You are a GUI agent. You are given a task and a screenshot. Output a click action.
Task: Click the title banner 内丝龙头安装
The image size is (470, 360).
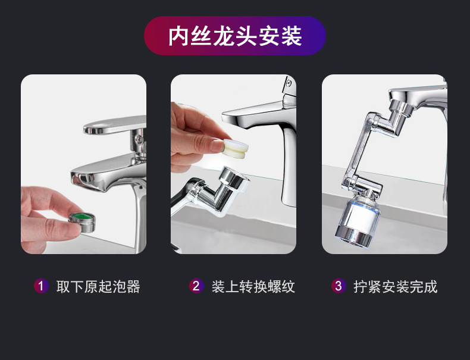pos(235,36)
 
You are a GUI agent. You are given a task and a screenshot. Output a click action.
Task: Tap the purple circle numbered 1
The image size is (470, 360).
pos(40,286)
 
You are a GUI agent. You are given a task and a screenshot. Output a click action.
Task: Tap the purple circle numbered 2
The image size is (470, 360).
pos(196,286)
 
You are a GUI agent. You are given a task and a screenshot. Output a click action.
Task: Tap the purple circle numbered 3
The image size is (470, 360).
pos(339,286)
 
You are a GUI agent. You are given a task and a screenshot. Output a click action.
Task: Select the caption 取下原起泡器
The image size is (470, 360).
pos(98,287)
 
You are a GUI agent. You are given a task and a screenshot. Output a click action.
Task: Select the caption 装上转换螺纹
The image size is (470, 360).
pos(253,287)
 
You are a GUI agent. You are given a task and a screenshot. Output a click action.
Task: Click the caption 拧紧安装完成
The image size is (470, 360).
pos(396,287)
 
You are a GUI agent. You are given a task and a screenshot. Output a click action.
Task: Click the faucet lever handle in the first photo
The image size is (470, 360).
pos(113,126)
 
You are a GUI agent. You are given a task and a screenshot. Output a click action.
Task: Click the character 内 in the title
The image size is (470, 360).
pos(178,36)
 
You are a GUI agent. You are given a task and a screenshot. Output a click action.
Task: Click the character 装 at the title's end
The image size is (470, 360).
pos(292,36)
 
